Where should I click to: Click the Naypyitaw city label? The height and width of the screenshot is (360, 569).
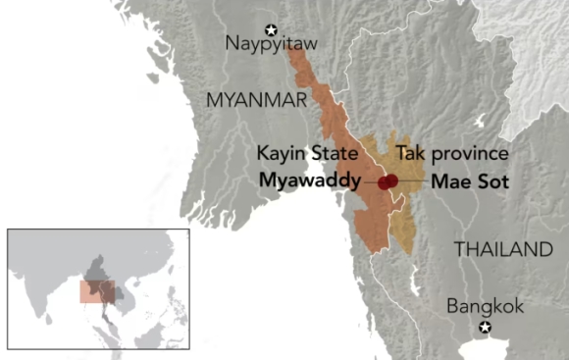click(x=266, y=43)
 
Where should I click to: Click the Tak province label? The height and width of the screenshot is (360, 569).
click(x=451, y=154)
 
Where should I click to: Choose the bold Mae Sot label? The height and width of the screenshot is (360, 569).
click(x=464, y=181)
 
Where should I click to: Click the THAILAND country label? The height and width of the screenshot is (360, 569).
click(x=502, y=249)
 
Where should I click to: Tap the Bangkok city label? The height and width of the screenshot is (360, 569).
click(x=485, y=306)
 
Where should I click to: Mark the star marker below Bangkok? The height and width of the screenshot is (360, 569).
click(x=484, y=326)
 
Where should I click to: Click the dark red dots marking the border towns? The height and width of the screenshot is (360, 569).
click(x=388, y=181)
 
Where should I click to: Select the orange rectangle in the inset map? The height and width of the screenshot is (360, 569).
click(x=98, y=292)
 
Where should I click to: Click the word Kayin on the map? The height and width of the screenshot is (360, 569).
click(x=278, y=154)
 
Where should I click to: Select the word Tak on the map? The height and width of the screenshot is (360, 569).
click(x=408, y=154)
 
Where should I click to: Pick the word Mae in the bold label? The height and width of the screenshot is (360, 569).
click(x=448, y=181)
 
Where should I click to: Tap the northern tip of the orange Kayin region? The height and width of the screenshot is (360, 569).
click(x=292, y=49)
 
